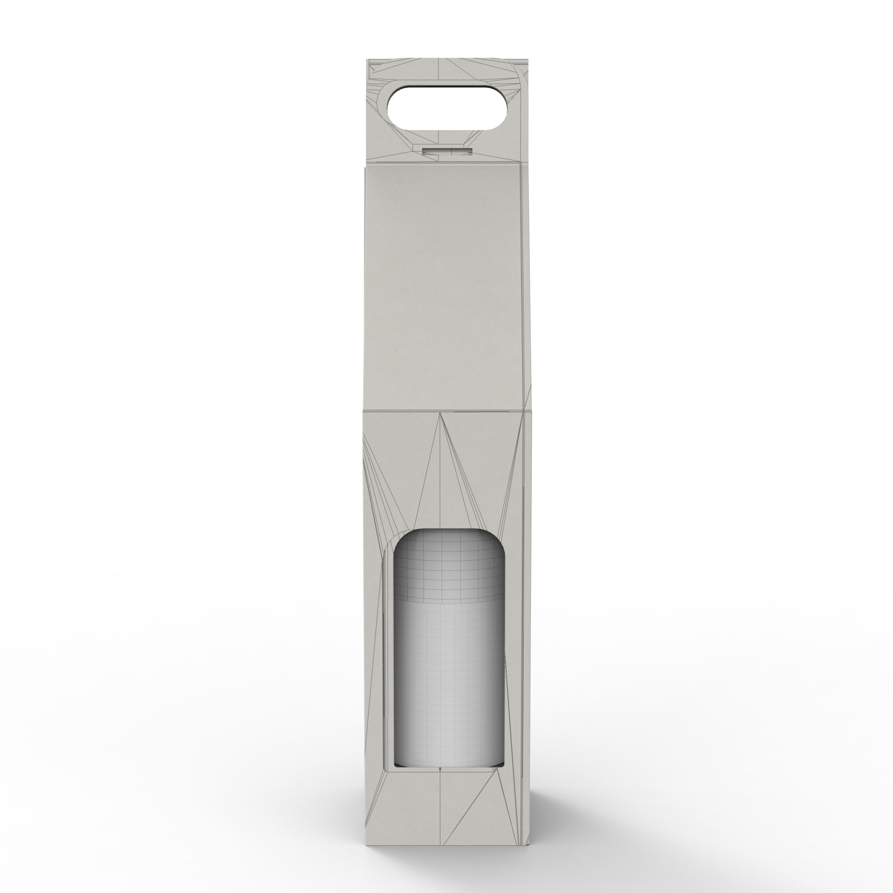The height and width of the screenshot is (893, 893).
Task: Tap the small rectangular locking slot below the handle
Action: (447, 151)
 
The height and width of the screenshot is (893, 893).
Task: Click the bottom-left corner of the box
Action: (366, 806)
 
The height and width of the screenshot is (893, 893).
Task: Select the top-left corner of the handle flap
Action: (368, 60)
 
